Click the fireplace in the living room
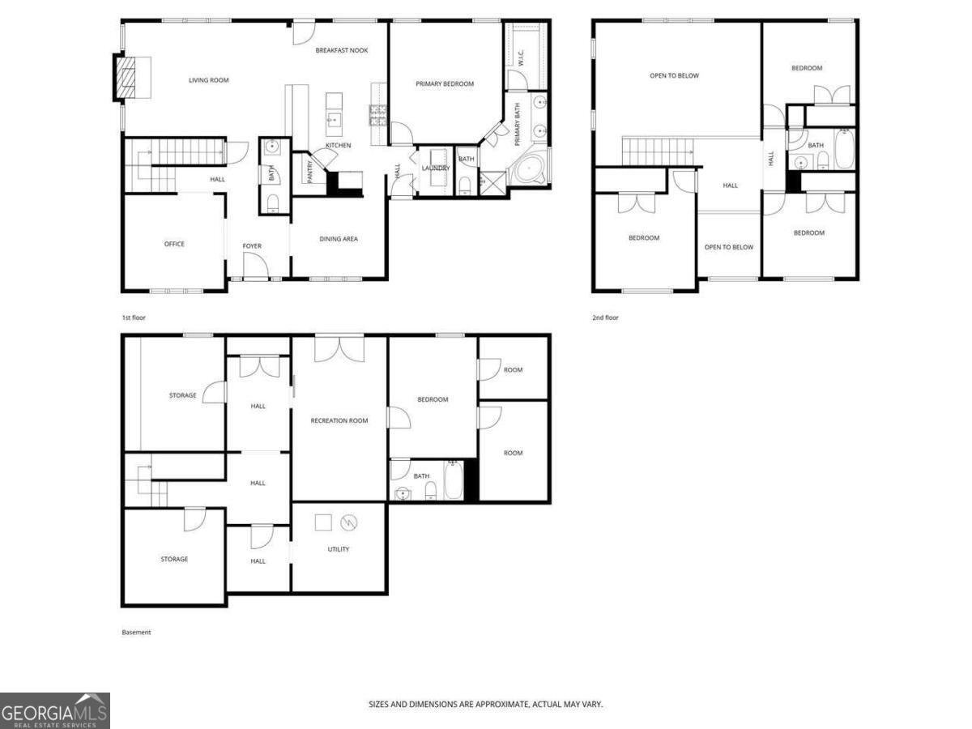[x=125, y=77]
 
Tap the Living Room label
[x=209, y=80]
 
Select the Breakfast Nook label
[x=342, y=50]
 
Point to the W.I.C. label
[x=522, y=58]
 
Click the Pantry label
[x=309, y=171]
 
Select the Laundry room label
[x=436, y=168]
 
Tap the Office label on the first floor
[x=174, y=244]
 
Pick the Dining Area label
[x=339, y=239]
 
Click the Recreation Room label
[x=339, y=420]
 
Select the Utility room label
[x=339, y=549]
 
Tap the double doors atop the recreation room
[x=339, y=348]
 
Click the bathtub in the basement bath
[x=453, y=481]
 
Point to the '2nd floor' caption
[x=605, y=318]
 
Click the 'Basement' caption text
[x=136, y=632]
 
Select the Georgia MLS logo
[x=54, y=711]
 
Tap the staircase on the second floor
[x=659, y=151]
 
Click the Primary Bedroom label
[x=445, y=83]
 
